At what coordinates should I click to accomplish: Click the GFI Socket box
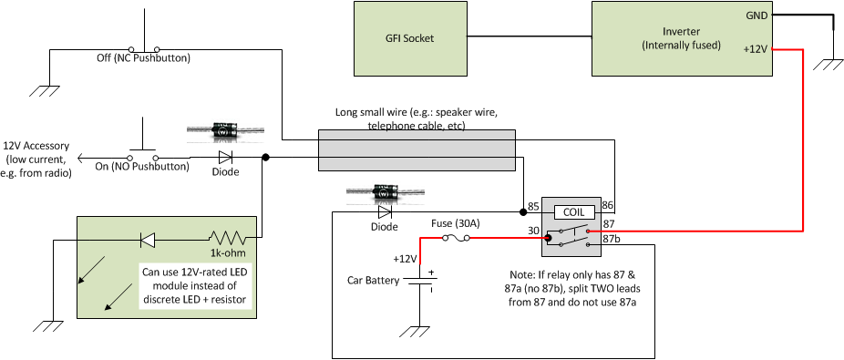coord(409,38)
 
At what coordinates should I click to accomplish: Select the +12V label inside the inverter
coord(757,51)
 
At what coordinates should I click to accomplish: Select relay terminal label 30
coord(533,231)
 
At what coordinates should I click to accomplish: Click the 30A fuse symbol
coord(456,239)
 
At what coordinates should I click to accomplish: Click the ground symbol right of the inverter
coord(831,65)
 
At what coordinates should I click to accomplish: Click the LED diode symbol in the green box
coord(147,240)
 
